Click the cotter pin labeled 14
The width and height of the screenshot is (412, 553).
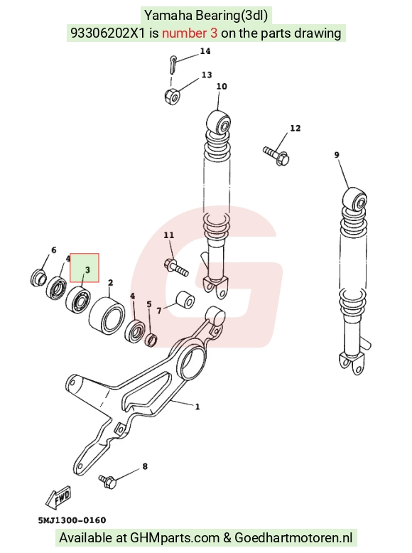point(173,65)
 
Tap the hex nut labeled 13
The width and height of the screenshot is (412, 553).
point(172,95)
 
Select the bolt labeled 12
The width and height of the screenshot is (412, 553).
point(276,156)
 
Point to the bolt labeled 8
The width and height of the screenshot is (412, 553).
point(107,481)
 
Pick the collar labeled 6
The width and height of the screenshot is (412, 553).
point(38,277)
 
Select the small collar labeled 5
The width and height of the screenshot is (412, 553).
point(151,340)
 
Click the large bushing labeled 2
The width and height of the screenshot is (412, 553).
point(107,315)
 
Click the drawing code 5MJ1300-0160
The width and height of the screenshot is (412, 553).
point(72,520)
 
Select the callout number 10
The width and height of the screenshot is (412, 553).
point(222,87)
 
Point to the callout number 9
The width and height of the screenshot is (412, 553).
point(337,155)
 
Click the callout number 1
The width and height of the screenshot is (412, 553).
point(197,407)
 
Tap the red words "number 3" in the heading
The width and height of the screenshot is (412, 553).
point(190,33)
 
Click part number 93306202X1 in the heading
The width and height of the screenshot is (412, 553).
point(108,33)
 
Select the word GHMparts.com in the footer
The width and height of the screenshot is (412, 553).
point(175,538)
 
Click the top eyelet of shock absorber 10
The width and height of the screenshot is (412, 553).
point(219,123)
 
